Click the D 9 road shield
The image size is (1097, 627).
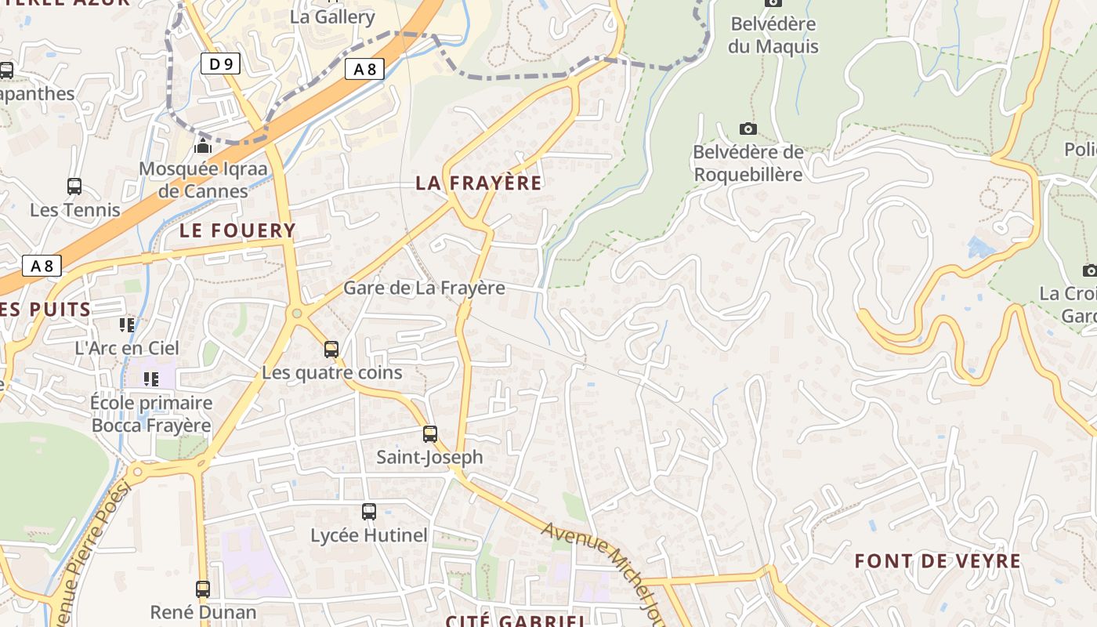pos(220,63)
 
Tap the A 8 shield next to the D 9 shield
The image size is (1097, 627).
pos(364,69)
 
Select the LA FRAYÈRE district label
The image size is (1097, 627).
pos(478,183)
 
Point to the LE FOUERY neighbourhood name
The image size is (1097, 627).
pos(237,230)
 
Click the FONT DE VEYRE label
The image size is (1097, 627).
pos(937,561)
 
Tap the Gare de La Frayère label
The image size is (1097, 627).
pos(424,288)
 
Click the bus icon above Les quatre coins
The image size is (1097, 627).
pos(331,350)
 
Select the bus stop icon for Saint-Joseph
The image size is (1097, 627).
pos(430,434)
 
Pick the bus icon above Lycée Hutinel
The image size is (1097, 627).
pos(369,512)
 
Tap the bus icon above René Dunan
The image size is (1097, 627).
pos(203,589)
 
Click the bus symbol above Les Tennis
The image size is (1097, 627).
pos(74,187)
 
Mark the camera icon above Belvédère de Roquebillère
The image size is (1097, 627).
pos(748,129)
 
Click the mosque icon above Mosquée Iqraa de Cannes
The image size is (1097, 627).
pos(203,146)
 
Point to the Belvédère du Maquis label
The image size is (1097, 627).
pos(773,35)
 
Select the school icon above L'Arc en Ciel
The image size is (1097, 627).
pos(127,324)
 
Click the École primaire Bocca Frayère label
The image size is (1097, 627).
pos(151,414)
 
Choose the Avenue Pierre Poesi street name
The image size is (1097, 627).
pos(90,549)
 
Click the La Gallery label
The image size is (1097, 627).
pos(332,16)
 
